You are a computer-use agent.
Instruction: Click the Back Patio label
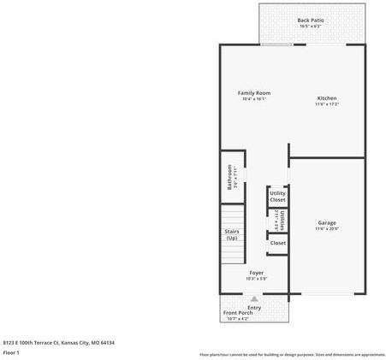(x=310, y=20)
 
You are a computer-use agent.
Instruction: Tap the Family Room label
(x=254, y=92)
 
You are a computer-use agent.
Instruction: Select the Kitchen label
(x=327, y=98)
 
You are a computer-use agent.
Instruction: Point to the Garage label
(x=327, y=222)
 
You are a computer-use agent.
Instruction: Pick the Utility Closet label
(x=277, y=197)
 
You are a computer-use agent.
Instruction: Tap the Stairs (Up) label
(x=232, y=234)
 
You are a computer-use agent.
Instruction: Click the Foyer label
(x=256, y=272)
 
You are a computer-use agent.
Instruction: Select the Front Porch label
(x=239, y=313)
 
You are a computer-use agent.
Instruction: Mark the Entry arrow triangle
(x=254, y=299)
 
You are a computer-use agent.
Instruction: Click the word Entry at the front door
(x=254, y=307)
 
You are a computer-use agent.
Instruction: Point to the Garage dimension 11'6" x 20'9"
(x=327, y=228)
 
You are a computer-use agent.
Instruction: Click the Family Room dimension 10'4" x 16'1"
(x=254, y=98)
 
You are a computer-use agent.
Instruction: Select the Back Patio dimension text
(x=310, y=27)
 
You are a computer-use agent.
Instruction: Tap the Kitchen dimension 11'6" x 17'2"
(x=327, y=104)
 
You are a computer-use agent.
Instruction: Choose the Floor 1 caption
(x=12, y=352)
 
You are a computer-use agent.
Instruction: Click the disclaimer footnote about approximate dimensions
(x=292, y=354)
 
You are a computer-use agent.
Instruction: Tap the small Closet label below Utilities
(x=278, y=243)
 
